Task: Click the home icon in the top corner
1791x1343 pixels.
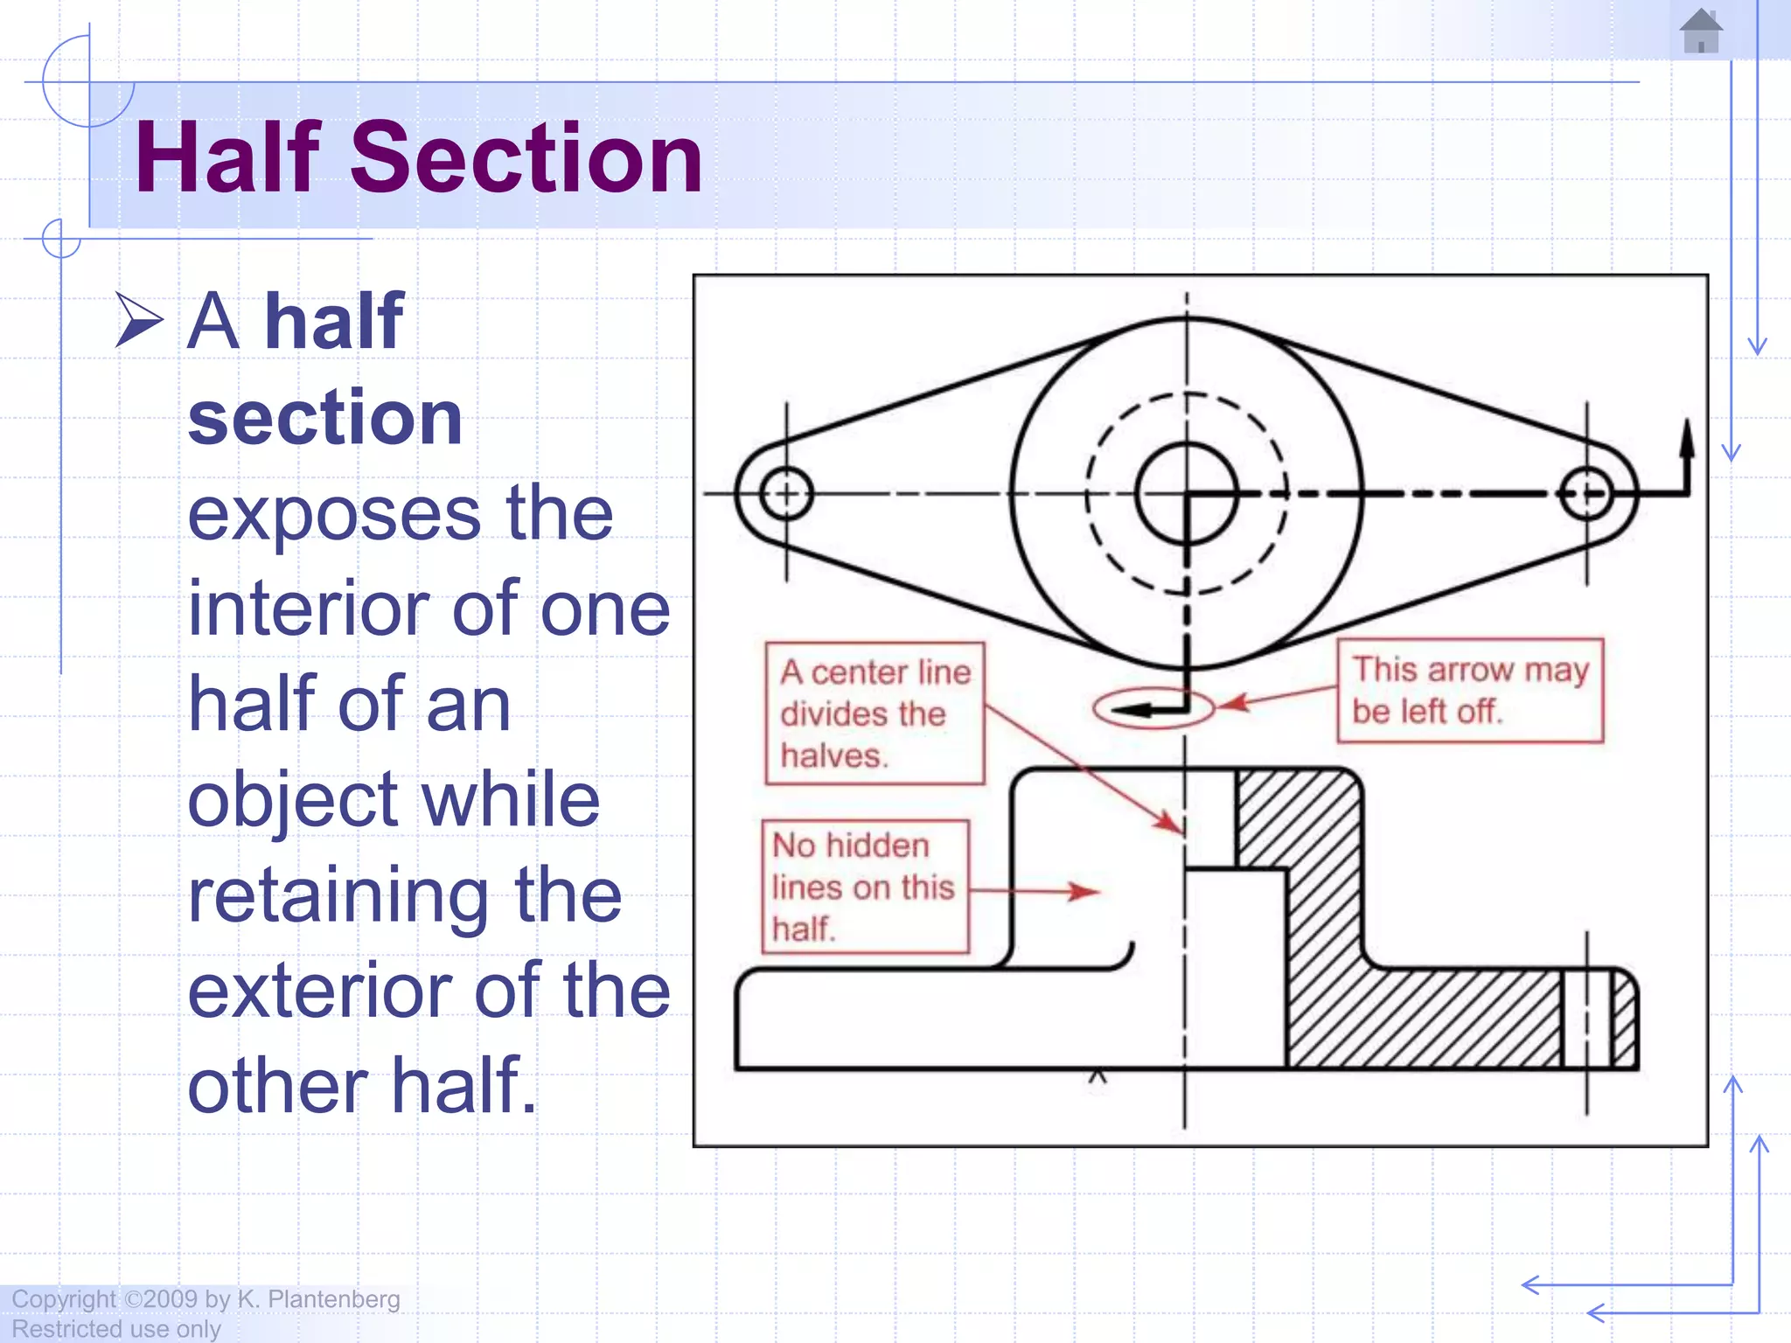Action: [1701, 31]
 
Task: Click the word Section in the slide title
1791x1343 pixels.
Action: [526, 158]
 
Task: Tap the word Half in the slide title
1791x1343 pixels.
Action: [229, 158]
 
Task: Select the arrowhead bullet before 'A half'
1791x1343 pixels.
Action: [139, 320]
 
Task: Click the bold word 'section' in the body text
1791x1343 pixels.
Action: [324, 417]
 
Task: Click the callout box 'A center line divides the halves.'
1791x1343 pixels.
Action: [875, 713]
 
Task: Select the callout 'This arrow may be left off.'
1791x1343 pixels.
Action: [1469, 691]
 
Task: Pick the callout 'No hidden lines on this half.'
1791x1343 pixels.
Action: [864, 887]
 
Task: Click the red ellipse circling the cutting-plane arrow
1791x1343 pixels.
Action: [1153, 707]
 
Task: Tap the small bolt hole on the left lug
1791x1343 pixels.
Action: [786, 494]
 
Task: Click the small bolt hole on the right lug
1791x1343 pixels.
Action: [1586, 494]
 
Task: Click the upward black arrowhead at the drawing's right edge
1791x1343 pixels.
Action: [1687, 437]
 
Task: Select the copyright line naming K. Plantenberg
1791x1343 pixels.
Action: [206, 1299]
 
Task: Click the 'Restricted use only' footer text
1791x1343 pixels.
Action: [115, 1329]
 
